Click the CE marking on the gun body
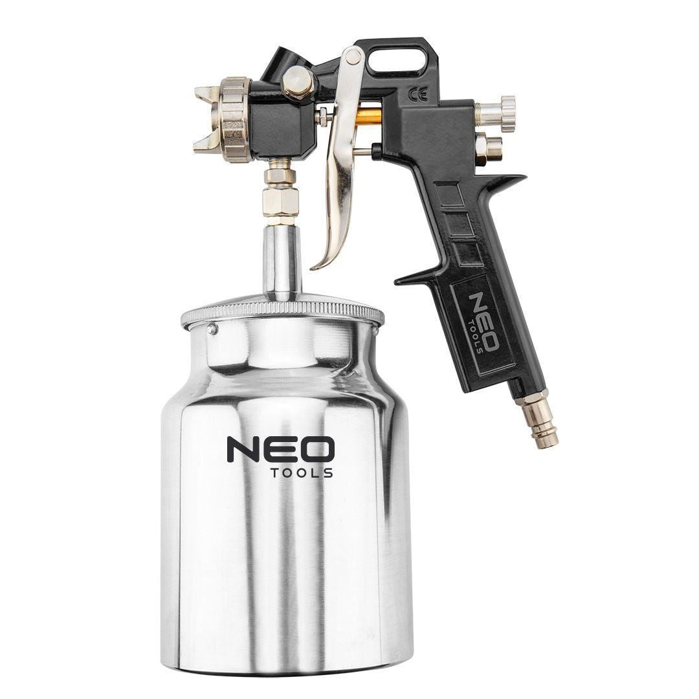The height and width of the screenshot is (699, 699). point(417,94)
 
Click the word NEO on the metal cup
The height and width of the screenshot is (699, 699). point(280,449)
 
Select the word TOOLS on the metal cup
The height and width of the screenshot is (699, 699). point(302,473)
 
